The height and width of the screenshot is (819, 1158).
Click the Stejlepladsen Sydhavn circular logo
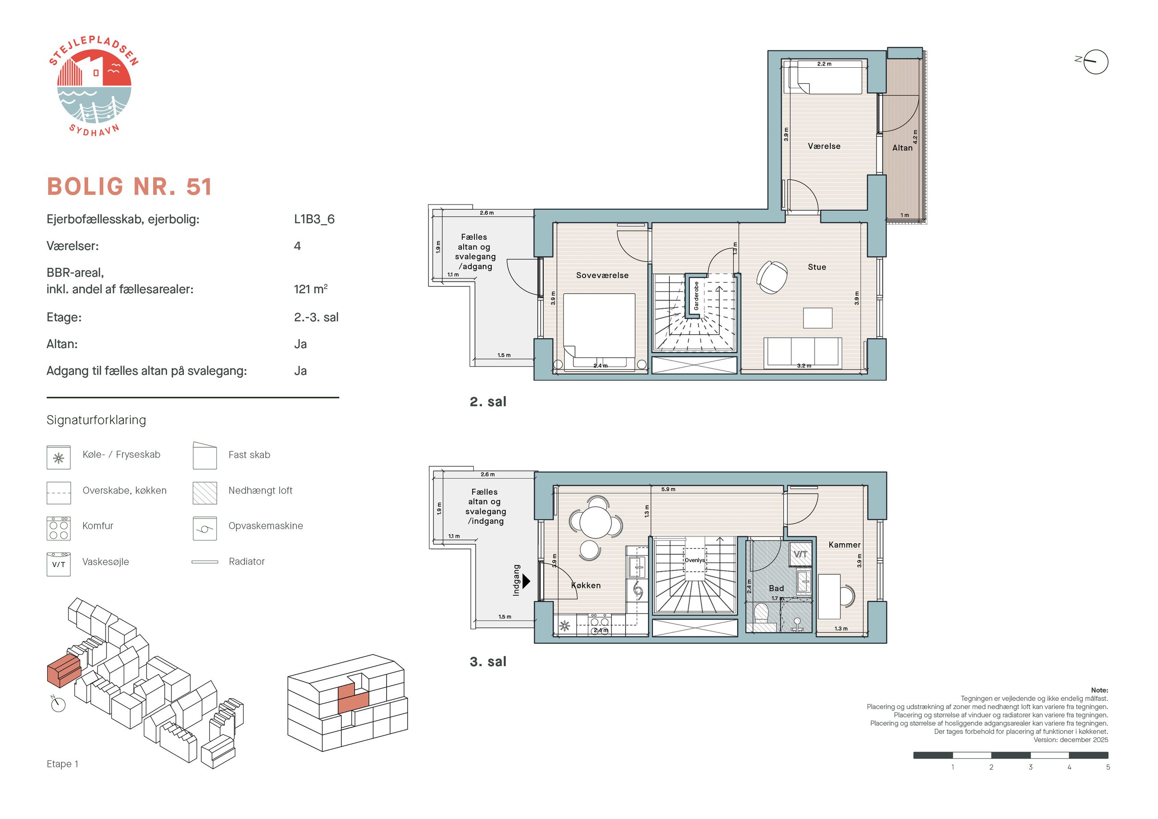[x=94, y=86]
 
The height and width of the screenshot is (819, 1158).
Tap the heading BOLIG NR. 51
[x=129, y=187]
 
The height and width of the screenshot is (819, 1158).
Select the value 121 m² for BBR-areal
[x=311, y=289]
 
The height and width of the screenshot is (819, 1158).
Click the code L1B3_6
[x=314, y=219]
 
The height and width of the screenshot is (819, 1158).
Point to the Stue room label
[x=816, y=267]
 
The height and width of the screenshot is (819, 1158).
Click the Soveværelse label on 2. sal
[x=602, y=275]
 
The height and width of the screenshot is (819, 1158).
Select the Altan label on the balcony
[x=902, y=148]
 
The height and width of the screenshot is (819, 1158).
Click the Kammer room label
[x=844, y=545]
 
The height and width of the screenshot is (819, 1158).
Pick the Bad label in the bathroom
[x=776, y=588]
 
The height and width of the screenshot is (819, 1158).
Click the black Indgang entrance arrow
[x=526, y=581]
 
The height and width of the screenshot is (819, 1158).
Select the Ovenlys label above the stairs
[x=694, y=560]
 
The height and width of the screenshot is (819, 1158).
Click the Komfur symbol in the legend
[x=58, y=528]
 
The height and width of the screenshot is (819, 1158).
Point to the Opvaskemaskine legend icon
[x=205, y=528]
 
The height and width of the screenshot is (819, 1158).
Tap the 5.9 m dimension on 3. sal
[x=668, y=489]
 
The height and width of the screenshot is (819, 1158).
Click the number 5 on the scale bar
[x=1108, y=767]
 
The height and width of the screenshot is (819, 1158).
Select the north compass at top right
[x=1095, y=61]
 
